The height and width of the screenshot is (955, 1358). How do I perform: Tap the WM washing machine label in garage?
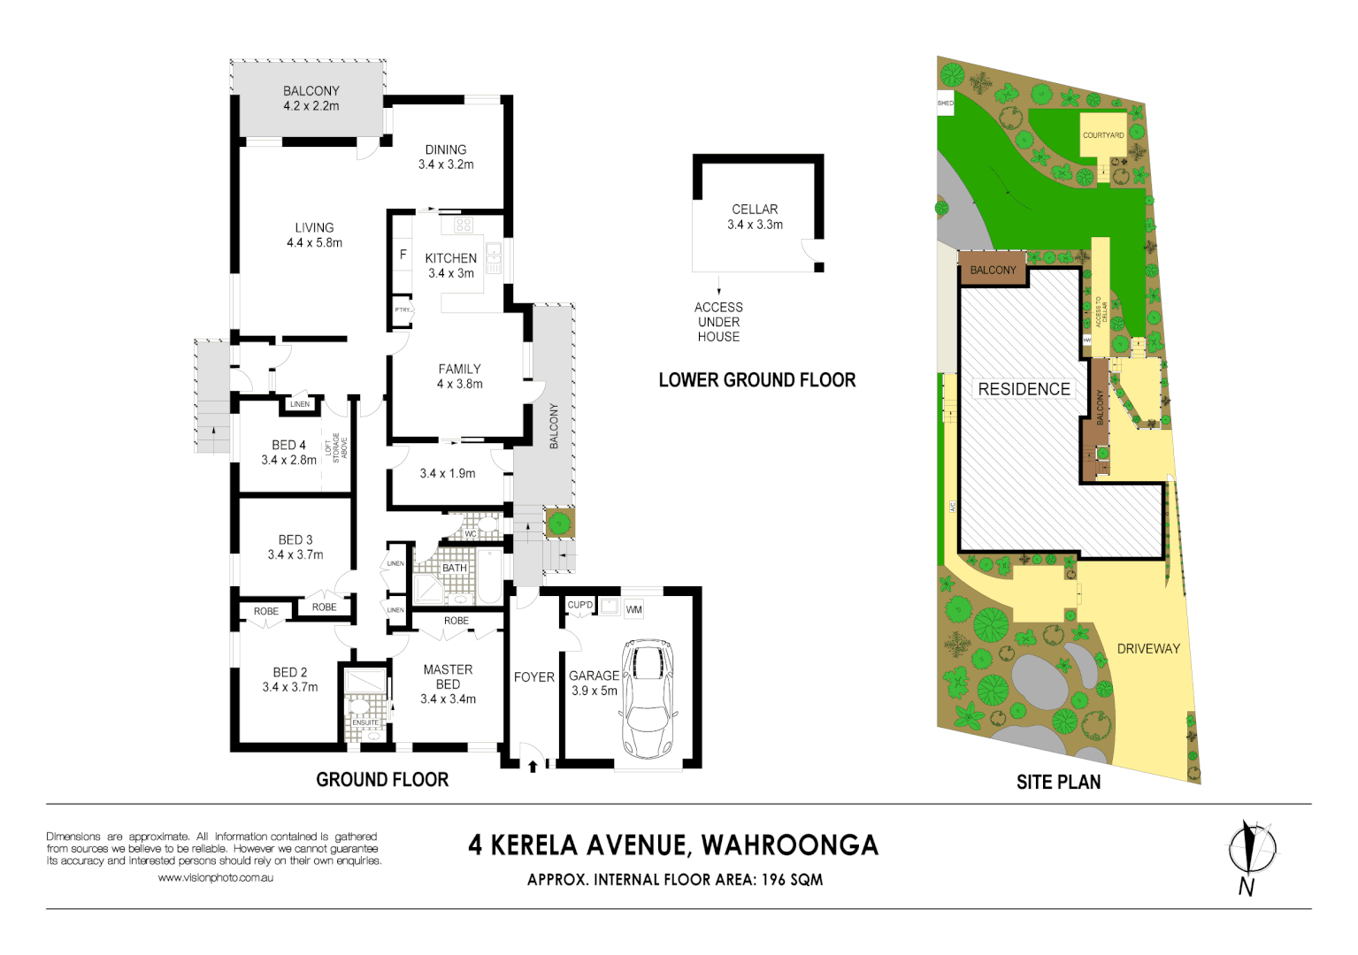(633, 609)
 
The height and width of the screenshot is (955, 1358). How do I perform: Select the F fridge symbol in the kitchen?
(403, 255)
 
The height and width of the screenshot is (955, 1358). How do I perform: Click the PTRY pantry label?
(403, 309)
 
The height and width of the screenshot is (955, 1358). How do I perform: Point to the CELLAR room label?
(755, 210)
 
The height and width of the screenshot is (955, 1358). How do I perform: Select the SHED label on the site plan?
(945, 103)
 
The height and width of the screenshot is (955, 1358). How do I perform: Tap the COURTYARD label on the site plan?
(1102, 135)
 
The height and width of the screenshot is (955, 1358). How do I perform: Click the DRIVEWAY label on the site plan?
(1148, 648)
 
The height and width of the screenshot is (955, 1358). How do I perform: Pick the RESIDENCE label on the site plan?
(1024, 389)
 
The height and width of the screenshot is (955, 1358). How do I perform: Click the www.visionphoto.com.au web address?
(215, 878)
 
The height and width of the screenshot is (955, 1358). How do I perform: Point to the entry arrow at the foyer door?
(533, 766)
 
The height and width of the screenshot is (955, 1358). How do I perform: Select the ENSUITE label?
(365, 722)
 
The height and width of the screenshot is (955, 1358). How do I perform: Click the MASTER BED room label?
(448, 676)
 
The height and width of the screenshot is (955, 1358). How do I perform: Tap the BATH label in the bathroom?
(455, 568)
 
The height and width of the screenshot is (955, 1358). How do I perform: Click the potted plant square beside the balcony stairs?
(558, 523)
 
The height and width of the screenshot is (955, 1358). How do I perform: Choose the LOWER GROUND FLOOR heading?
(757, 380)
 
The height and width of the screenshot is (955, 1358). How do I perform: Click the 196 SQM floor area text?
(792, 880)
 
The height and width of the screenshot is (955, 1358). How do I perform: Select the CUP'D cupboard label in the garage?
(580, 605)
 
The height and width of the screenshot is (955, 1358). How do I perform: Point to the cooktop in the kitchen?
(464, 225)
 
